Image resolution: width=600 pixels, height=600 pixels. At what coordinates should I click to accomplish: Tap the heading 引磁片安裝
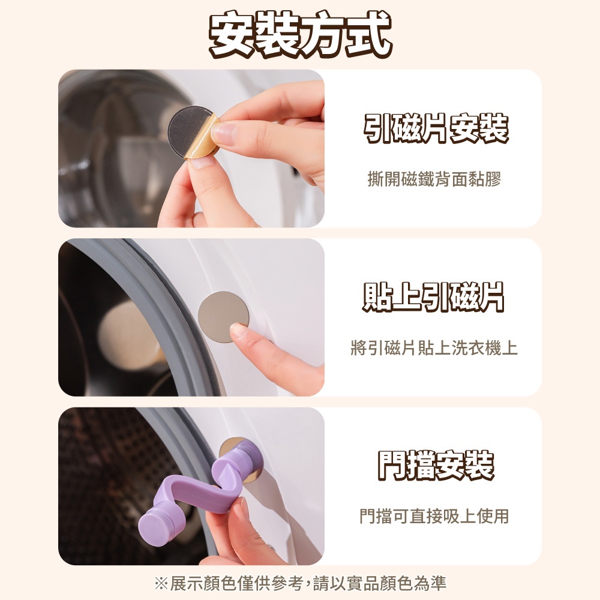436,128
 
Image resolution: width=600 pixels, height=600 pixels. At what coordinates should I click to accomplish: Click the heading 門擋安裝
436,466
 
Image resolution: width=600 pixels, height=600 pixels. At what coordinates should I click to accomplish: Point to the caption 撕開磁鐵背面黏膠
434,179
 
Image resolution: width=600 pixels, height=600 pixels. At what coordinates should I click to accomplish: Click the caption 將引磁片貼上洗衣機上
434,348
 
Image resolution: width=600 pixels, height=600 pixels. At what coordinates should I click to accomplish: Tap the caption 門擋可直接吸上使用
434,516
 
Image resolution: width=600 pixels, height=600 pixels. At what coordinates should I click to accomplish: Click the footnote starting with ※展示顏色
301,583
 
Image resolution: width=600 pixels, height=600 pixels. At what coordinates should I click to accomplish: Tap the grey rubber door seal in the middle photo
169,306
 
